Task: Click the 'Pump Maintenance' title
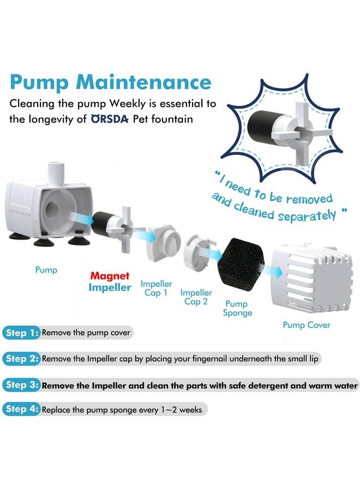pyautogui.click(x=110, y=82)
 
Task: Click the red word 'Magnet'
pyautogui.click(x=110, y=277)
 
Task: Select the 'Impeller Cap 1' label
pyautogui.click(x=156, y=289)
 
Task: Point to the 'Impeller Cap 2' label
pyautogui.click(x=196, y=297)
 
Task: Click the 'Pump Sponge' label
pyautogui.click(x=237, y=308)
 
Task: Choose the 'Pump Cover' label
pyautogui.click(x=306, y=325)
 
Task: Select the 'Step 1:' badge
pyautogui.click(x=21, y=332)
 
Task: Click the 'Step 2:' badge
pyautogui.click(x=21, y=358)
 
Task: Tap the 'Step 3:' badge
pyautogui.click(x=21, y=385)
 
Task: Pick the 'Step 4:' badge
pyautogui.click(x=21, y=409)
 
